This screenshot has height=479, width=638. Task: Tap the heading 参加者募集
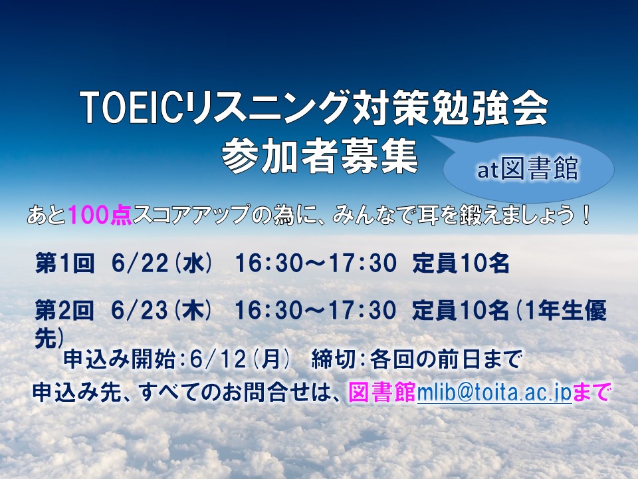[320, 156]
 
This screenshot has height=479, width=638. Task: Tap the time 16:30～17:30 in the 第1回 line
[316, 264]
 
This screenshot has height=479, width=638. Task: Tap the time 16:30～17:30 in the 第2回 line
[316, 311]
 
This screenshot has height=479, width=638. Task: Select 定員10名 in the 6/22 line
[461, 264]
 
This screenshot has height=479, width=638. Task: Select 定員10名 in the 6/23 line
[461, 311]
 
